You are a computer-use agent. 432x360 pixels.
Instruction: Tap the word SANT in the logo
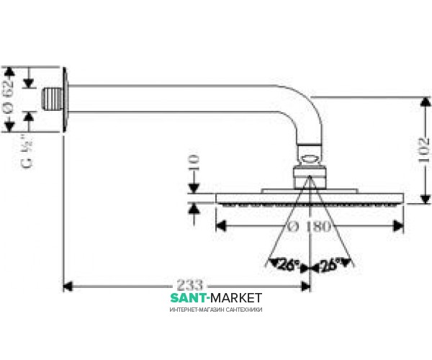189,297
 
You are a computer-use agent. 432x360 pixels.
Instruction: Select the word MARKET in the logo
236,297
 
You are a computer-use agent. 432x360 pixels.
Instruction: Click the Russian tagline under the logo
216,309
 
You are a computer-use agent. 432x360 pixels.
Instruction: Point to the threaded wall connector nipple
50,99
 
